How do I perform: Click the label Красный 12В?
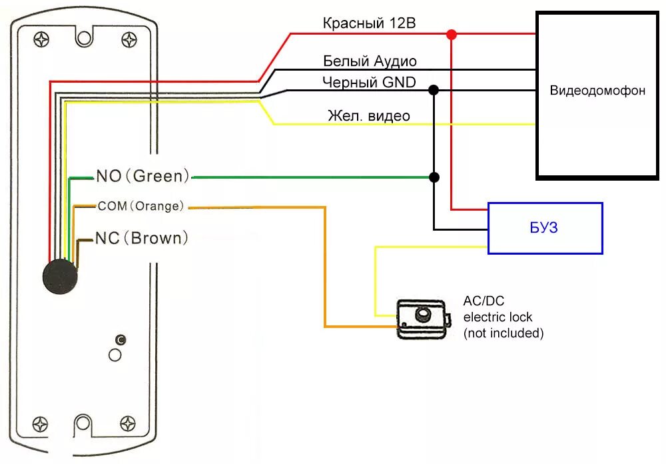369,23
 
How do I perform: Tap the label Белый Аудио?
370,61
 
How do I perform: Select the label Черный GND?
368,82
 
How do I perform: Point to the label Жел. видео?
368,116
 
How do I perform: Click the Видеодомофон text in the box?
597,91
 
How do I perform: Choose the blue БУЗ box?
545,228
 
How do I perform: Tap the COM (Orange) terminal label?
141,207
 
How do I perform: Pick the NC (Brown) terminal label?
142,238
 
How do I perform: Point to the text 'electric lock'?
498,317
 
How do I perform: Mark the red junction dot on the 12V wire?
452,34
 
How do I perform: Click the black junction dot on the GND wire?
434,89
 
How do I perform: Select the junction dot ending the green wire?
434,177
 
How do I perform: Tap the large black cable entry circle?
60,276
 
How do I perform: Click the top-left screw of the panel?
41,39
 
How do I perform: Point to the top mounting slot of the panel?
84,37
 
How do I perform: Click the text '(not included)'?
503,333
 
